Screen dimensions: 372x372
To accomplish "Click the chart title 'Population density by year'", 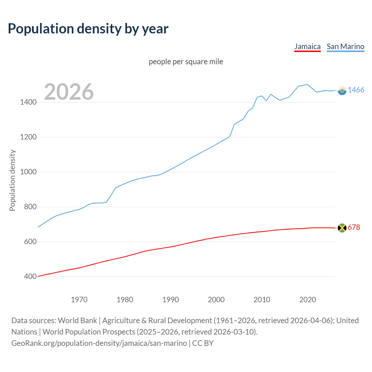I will tap(88, 29).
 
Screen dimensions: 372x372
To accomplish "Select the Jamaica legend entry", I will tap(307, 46).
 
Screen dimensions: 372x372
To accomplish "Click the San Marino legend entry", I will tap(345, 46).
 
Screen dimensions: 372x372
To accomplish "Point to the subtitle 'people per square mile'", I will tap(186, 62).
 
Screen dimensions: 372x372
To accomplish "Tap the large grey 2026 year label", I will tap(69, 92).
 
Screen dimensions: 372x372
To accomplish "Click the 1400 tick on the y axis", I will tap(28, 102).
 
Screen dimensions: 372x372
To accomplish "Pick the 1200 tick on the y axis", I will tap(28, 137).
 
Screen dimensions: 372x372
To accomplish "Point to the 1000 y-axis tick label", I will tap(28, 172).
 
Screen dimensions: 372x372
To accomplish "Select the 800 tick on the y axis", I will tap(30, 207).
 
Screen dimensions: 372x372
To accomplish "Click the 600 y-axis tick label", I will tap(30, 242).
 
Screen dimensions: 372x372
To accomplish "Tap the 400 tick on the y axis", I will tap(30, 277).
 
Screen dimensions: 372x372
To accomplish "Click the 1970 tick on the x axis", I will tap(79, 300).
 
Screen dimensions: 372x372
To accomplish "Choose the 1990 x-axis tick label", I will tap(171, 300).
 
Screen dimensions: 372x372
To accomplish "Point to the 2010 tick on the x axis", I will tap(262, 300).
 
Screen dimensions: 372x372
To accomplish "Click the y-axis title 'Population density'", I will tap(12, 180).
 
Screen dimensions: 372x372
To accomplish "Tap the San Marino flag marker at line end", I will tap(342, 91).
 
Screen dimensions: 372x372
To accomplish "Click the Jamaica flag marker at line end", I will tap(342, 228).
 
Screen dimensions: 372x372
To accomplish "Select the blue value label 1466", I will tap(356, 90).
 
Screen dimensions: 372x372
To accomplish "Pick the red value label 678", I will tap(354, 228).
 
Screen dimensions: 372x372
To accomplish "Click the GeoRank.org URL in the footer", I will tap(99, 343).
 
